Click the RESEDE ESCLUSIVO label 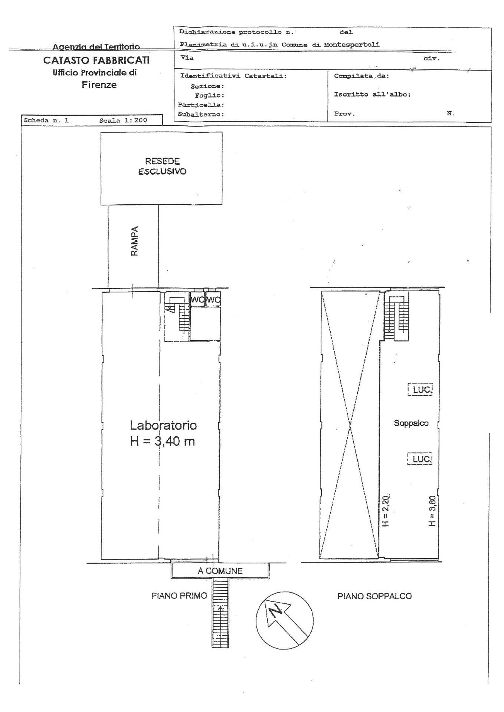click(162, 167)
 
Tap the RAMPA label click(134, 241)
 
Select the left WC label click(197, 300)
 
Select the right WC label click(213, 300)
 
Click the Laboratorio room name click(163, 425)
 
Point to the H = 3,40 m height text click(163, 441)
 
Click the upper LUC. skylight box click(420, 390)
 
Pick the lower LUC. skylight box click(420, 459)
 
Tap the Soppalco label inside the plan click(411, 423)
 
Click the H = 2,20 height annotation click(385, 511)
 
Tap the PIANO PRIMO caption click(179, 596)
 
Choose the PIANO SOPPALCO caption click(374, 596)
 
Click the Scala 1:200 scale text click(123, 120)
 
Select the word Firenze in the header click(99, 85)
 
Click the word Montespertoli click(352, 44)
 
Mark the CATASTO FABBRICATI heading click(96, 60)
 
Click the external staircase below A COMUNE click(220, 613)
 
